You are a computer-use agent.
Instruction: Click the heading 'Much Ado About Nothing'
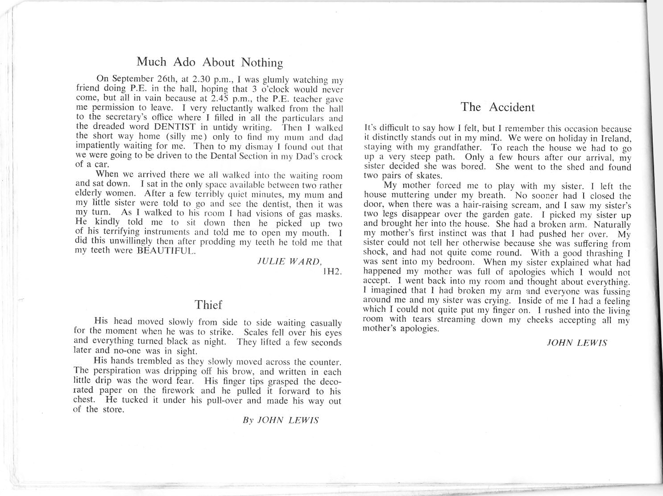[x=209, y=62]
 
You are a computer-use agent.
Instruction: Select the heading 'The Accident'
[x=497, y=107]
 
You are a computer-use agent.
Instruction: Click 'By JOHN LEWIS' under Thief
[x=280, y=420]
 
